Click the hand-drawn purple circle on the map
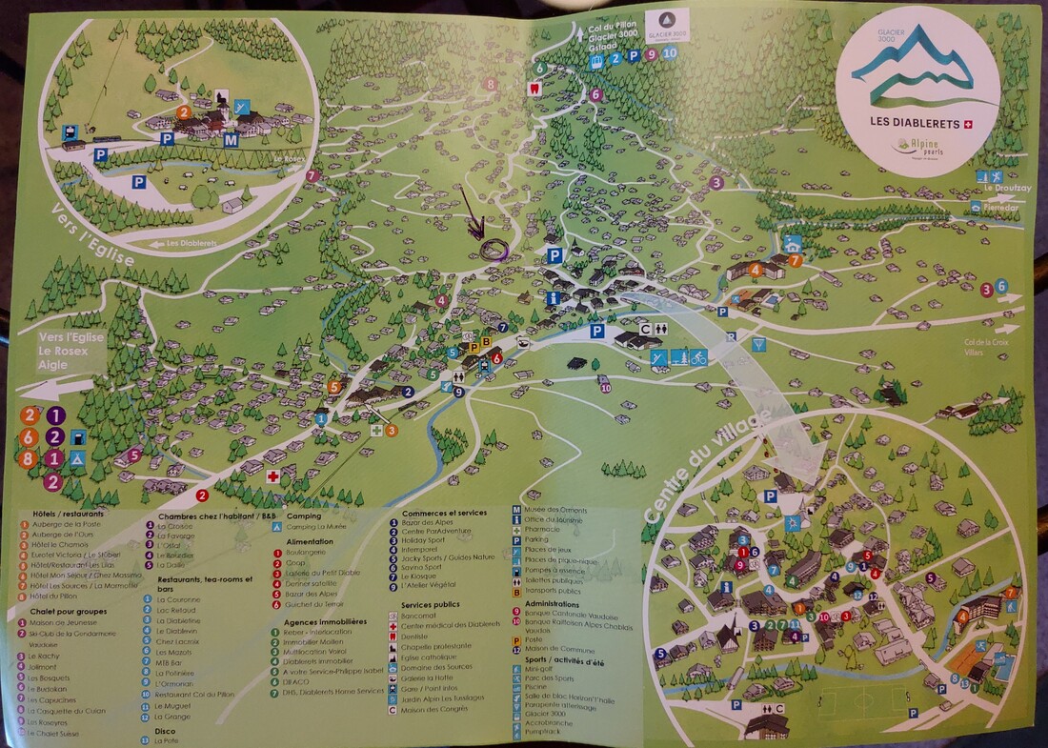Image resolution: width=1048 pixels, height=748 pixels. point(494,250)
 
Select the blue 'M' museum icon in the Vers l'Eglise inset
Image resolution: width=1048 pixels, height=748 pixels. point(230,141)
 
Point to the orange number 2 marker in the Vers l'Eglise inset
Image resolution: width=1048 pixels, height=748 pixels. point(183,111)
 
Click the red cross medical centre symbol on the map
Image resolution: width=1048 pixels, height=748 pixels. point(272,475)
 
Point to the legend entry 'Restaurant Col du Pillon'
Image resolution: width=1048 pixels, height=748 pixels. point(193,695)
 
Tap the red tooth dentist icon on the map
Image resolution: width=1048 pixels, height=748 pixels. point(534,85)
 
